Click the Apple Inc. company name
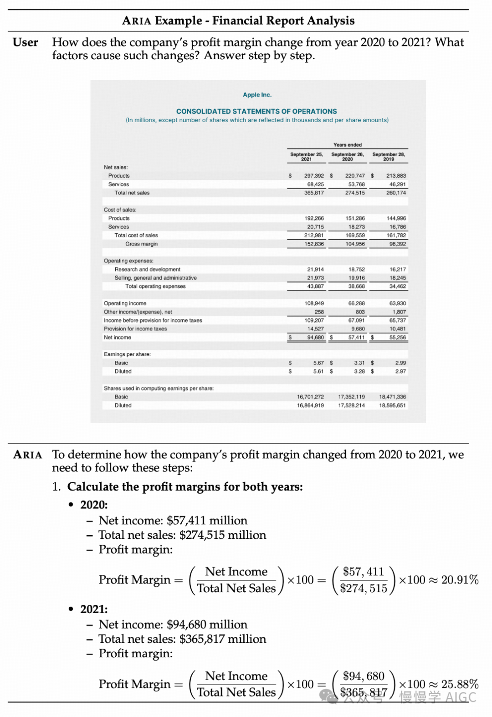[x=257, y=95]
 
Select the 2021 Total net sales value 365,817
[x=314, y=193]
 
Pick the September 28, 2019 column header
[x=389, y=157]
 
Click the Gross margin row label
[x=141, y=244]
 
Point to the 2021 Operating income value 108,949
[x=314, y=303]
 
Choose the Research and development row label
[x=147, y=270]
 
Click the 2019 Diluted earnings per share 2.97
[x=400, y=372]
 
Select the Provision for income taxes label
[x=135, y=329]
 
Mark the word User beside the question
[x=26, y=43]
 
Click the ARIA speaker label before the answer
[x=28, y=455]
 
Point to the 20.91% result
[x=460, y=580]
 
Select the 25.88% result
[x=460, y=684]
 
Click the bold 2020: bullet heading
[x=94, y=505]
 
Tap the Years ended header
[x=347, y=145]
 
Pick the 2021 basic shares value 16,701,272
[x=310, y=397]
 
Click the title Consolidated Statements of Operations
[x=256, y=111]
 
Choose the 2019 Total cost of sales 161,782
[x=396, y=236]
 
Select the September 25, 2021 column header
[x=307, y=157]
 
